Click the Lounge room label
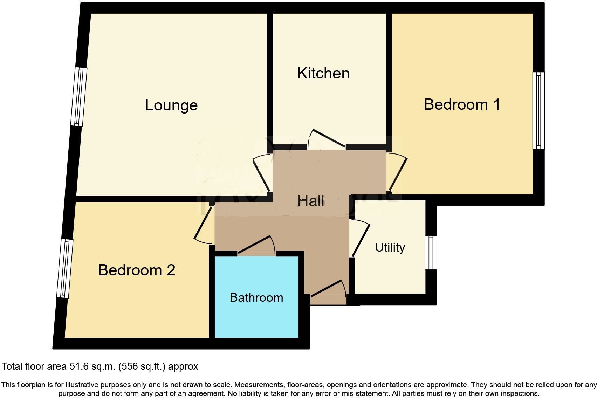tap(171, 105)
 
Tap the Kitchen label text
tap(323, 73)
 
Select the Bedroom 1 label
tap(462, 104)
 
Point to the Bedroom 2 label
tap(136, 270)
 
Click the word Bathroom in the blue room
tap(256, 297)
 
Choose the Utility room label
tap(390, 248)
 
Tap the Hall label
tap(311, 201)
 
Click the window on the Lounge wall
tap(79, 97)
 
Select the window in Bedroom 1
tap(538, 110)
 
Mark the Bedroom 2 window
tap(65, 268)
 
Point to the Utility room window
tap(431, 253)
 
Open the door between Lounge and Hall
tap(261, 174)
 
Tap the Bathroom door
tap(256, 244)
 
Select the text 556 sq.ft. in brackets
tap(142, 367)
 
